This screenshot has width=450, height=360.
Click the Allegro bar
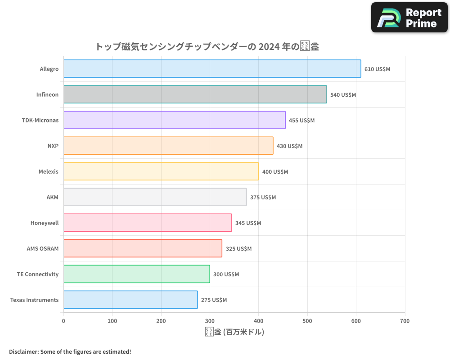tap(212, 69)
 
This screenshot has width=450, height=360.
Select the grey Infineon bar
tap(195, 94)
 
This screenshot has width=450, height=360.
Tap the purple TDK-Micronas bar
tap(174, 120)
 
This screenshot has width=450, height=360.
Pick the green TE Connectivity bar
tap(136, 274)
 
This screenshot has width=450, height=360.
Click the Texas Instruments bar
tap(130, 300)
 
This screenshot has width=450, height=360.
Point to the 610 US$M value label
tap(377, 69)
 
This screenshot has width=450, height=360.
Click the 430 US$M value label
tap(289, 146)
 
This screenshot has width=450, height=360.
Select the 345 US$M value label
tap(248, 223)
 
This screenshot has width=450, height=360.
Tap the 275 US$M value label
tap(214, 300)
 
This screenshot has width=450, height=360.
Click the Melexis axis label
tap(49, 172)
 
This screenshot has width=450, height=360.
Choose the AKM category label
tap(52, 198)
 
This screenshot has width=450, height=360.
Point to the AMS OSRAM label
tap(43, 249)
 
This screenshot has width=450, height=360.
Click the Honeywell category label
tap(45, 223)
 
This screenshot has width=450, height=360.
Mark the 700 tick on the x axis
tap(405, 321)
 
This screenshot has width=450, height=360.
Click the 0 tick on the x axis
tap(63, 321)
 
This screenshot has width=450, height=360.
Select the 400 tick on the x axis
tap(258, 321)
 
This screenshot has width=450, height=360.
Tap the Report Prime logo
tap(409, 18)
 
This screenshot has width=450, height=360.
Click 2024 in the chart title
tap(269, 46)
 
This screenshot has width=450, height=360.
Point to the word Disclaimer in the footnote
tap(23, 352)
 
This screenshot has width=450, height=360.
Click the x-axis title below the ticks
tap(234, 332)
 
